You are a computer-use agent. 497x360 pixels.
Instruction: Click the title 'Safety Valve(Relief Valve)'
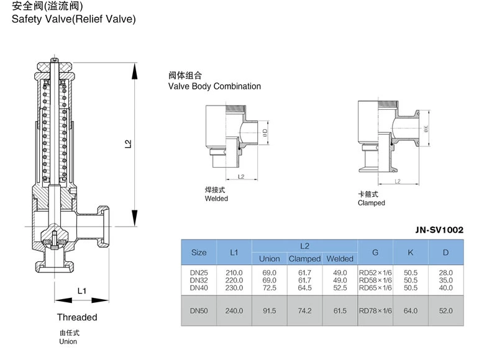pyautogui.click(x=69, y=19)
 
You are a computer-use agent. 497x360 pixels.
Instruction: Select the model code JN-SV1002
pyautogui.click(x=439, y=230)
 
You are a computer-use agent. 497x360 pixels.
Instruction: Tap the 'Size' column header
pyautogui.click(x=199, y=253)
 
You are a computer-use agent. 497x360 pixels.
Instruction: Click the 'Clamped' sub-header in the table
pyautogui.click(x=304, y=259)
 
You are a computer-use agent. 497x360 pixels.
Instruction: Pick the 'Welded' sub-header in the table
pyautogui.click(x=340, y=259)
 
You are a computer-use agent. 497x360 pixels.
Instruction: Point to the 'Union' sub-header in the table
pyautogui.click(x=269, y=259)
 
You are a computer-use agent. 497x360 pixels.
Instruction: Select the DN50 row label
pyautogui.click(x=199, y=310)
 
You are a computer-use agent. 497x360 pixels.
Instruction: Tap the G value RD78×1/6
pyautogui.click(x=375, y=310)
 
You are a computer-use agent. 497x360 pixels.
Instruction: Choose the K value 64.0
pyautogui.click(x=411, y=310)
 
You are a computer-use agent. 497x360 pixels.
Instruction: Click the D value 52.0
pyautogui.click(x=445, y=310)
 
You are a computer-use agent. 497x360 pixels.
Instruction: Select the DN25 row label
pyautogui.click(x=199, y=272)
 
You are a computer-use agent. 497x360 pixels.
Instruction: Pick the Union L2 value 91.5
pyautogui.click(x=269, y=310)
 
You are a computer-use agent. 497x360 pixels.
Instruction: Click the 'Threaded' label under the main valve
pyautogui.click(x=77, y=317)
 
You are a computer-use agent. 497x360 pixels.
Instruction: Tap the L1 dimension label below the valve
pyautogui.click(x=82, y=290)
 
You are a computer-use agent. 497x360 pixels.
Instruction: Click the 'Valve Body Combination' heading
pyautogui.click(x=214, y=86)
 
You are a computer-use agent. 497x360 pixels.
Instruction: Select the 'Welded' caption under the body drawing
pyautogui.click(x=216, y=199)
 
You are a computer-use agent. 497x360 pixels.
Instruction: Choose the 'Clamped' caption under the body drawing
pyautogui.click(x=371, y=203)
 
